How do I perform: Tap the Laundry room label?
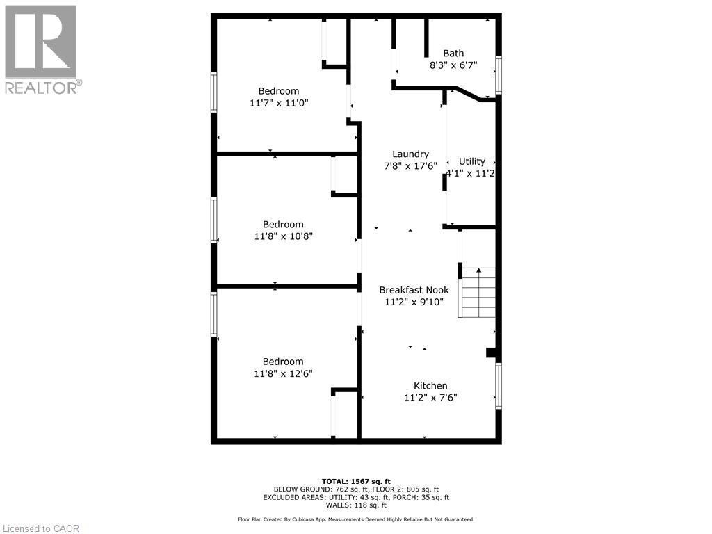coord(410,154)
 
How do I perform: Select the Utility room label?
coord(472,161)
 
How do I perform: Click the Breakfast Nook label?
coord(414,290)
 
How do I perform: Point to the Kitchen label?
coord(430,386)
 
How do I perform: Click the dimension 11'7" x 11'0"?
coord(279,103)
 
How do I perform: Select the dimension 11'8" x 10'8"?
coord(283,236)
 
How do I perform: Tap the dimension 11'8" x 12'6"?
coord(283,373)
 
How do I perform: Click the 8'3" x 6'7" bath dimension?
coord(453,65)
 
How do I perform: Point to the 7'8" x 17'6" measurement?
coord(410,166)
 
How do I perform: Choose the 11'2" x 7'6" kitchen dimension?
coord(430,398)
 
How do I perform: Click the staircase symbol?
coord(477,292)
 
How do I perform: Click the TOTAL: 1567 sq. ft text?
coord(356,481)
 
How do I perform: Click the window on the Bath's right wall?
coord(499,74)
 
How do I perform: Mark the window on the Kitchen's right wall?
coord(499,385)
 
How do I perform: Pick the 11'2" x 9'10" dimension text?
coord(414,302)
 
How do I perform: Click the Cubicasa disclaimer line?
coord(356,519)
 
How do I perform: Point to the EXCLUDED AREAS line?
coord(356,497)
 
